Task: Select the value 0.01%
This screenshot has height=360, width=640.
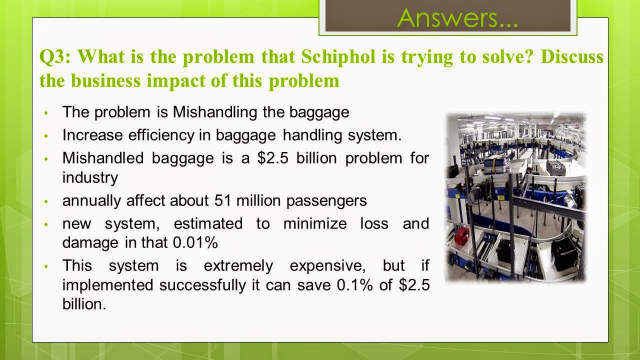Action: pos(195,243)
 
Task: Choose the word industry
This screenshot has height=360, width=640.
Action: pos(90,177)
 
